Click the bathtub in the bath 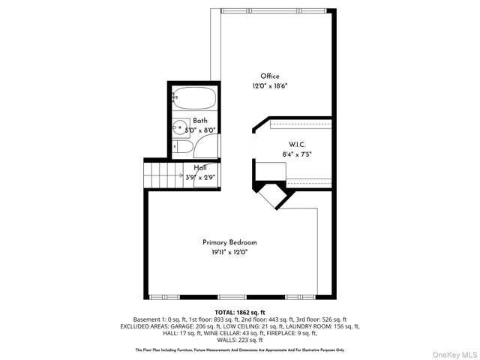tap(193, 97)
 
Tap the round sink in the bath tap(180, 128)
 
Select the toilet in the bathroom tap(178, 148)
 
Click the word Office tap(270, 76)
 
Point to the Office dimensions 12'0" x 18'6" tap(270, 86)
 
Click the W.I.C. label tap(297, 144)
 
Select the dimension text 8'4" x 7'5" tap(297, 154)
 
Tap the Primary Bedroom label tap(229, 242)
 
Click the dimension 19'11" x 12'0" tap(229, 253)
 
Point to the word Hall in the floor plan tap(200, 168)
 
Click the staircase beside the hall tap(164, 177)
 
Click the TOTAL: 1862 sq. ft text tap(240, 312)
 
